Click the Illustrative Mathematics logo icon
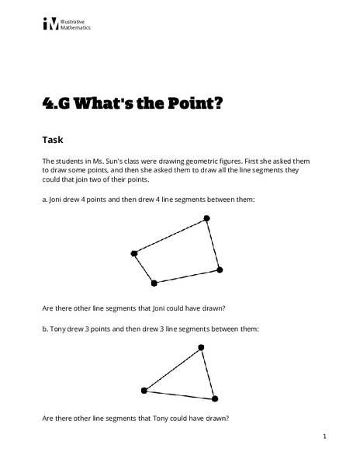coord(51,24)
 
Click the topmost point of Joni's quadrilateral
coord(207,220)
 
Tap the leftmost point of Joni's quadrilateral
coord(134,253)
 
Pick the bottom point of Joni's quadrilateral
coord(154,283)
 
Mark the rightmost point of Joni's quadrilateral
coord(220,270)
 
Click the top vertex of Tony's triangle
coord(201,347)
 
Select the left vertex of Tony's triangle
coord(144,390)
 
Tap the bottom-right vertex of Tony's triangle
coord(216,398)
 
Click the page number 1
coord(325,437)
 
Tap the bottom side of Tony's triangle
coord(180,395)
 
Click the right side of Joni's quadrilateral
coord(213,245)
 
